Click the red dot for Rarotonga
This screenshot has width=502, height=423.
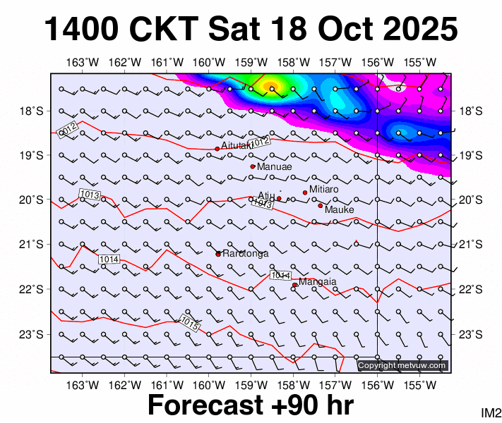point(218,254)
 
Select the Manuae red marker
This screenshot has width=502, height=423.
point(253,166)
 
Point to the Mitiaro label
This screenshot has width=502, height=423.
point(324,190)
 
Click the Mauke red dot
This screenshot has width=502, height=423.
point(320,206)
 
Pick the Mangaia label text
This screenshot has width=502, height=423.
point(317,282)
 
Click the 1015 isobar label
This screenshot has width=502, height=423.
point(189,321)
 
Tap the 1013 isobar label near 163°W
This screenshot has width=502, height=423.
point(90,194)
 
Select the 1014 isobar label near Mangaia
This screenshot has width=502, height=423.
point(280,275)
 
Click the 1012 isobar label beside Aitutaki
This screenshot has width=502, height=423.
point(261,142)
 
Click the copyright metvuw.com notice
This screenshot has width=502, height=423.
point(402,365)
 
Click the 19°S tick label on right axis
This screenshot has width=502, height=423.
point(470,155)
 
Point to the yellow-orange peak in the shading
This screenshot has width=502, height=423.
point(271,87)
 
